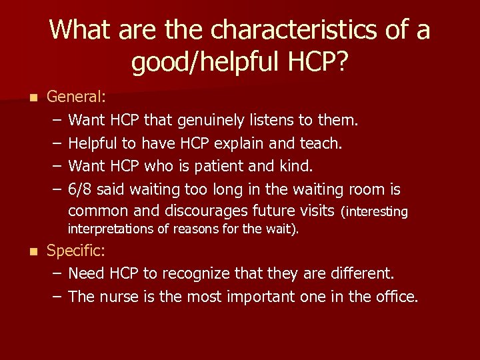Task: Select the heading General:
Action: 76,97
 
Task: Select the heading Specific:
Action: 77,251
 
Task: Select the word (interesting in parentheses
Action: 374,212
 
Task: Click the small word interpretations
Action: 117,229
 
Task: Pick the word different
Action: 359,273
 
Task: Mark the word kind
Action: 295,165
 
